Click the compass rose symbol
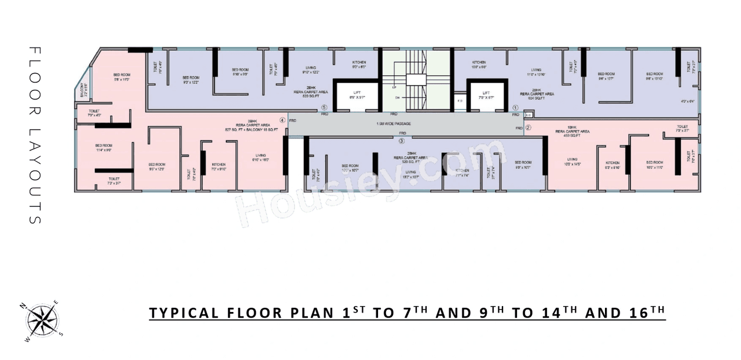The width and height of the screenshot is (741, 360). [x=42, y=319]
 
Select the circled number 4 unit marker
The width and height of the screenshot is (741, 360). [x=283, y=120]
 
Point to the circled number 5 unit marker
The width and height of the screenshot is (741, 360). [x=325, y=107]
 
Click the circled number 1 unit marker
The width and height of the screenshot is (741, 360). [x=515, y=107]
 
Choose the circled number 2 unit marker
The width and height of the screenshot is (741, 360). [x=528, y=127]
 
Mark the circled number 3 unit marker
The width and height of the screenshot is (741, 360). [x=401, y=140]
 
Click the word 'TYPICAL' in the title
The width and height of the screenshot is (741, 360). [x=182, y=313]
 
